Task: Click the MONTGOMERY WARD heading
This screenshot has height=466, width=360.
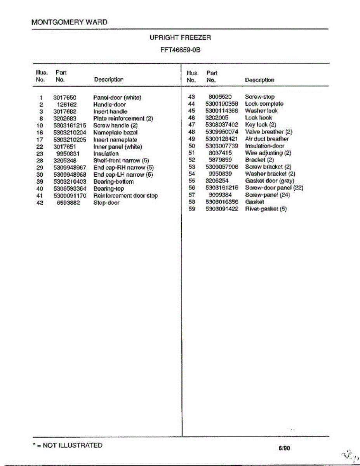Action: [70, 22]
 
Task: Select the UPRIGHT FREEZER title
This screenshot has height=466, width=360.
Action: [180, 38]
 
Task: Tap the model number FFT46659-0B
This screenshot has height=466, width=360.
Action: [180, 50]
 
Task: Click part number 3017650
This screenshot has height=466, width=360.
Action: [64, 97]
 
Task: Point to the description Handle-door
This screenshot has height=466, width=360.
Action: [110, 104]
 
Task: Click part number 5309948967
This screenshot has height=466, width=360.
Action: [70, 168]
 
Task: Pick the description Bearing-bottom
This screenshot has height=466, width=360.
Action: [113, 182]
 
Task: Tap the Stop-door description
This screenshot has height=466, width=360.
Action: [106, 203]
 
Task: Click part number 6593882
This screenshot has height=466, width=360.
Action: [68, 203]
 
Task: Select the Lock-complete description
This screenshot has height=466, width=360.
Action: [264, 104]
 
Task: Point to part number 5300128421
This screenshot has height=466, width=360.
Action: [222, 139]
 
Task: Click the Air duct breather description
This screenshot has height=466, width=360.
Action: [267, 139]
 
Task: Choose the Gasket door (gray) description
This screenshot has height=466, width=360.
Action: [270, 181]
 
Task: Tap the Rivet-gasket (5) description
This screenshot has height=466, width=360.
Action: [266, 209]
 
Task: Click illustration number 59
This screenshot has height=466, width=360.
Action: [191, 209]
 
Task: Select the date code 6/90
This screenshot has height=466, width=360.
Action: [284, 449]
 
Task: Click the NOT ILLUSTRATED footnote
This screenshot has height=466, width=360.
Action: [68, 445]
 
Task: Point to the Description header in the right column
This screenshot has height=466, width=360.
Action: [259, 80]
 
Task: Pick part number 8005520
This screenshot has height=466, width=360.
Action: [220, 97]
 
